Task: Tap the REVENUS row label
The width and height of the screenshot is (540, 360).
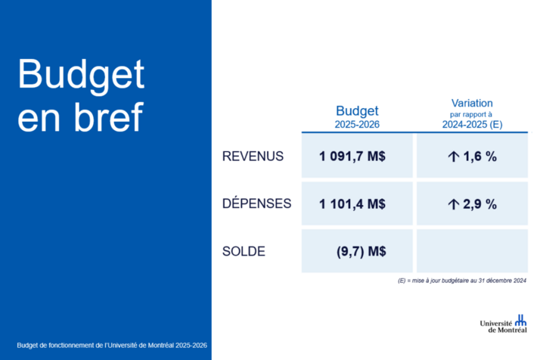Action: click(x=253, y=157)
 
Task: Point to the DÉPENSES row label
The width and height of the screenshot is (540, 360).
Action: click(x=256, y=203)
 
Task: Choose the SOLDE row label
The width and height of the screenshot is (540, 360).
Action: click(x=244, y=252)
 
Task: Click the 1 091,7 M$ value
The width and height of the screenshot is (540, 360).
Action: click(x=352, y=157)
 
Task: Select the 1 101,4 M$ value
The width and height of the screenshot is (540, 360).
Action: click(x=352, y=204)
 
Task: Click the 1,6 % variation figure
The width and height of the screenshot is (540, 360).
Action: click(x=479, y=157)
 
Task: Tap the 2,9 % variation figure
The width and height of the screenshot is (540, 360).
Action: click(x=479, y=204)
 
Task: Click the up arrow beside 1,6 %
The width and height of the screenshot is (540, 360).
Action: click(x=454, y=157)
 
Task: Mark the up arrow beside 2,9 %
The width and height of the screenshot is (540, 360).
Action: click(x=454, y=204)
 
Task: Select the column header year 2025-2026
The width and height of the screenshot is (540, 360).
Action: click(x=357, y=124)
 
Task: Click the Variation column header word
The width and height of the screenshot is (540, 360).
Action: click(x=472, y=103)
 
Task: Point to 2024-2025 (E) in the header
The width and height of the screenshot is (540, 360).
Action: click(x=472, y=124)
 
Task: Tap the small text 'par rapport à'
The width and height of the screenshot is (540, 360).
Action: click(x=470, y=114)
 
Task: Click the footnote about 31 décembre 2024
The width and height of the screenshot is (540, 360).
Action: click(x=462, y=281)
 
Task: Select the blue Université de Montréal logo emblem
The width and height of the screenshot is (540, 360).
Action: click(x=520, y=320)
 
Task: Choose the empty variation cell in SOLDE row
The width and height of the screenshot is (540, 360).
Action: click(x=472, y=251)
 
